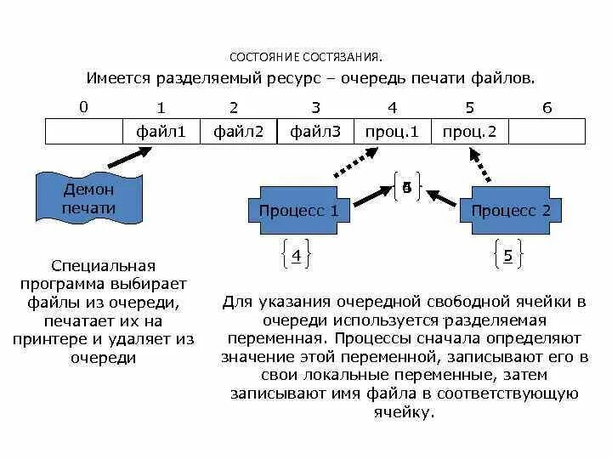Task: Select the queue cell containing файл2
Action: point(238,132)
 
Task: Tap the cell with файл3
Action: point(314,132)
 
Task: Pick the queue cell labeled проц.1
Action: point(392,132)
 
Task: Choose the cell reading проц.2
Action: point(469,132)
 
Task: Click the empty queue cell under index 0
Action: point(83,132)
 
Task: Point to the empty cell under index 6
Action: point(547,132)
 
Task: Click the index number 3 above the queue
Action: point(315,108)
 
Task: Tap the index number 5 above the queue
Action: point(469,108)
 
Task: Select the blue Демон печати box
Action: point(88,199)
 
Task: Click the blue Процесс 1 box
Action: point(298,211)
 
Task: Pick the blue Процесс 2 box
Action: point(510,211)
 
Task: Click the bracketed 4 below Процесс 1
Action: point(296,255)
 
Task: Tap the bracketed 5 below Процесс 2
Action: point(507,255)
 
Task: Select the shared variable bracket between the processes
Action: point(406,188)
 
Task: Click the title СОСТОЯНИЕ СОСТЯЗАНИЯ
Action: point(306,58)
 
